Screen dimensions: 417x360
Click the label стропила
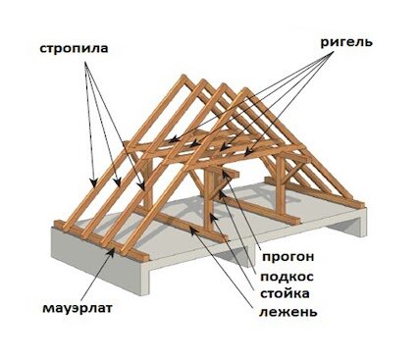74,48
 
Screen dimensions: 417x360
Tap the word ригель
346,42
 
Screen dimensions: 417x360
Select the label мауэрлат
78,308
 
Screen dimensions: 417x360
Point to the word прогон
288,257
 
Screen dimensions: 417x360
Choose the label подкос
287,277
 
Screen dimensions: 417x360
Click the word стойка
285,293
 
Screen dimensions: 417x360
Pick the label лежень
288,312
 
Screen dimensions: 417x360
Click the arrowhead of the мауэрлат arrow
112,251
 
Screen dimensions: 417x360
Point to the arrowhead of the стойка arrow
212,217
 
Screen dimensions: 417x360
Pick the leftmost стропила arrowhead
94,182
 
